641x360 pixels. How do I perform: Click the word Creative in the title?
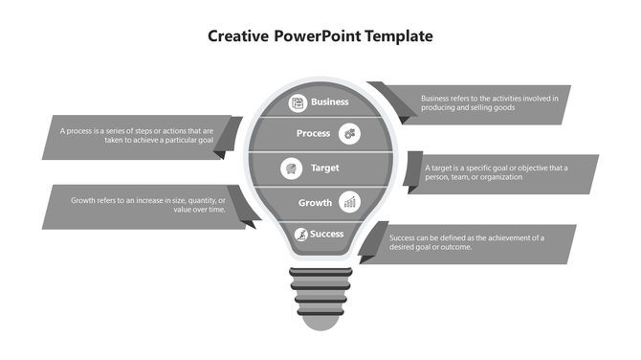(x=238, y=36)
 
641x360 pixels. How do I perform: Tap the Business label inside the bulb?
(x=330, y=101)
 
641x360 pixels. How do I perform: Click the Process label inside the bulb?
(x=313, y=134)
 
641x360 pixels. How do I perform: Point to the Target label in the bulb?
(x=325, y=169)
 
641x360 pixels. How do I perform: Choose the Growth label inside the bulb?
(x=315, y=203)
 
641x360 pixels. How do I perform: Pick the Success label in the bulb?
(x=326, y=234)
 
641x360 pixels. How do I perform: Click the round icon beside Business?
(x=298, y=101)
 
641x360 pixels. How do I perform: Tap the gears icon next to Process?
(x=351, y=134)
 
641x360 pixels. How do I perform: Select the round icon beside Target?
(x=290, y=169)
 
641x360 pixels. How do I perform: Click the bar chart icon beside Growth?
(x=351, y=202)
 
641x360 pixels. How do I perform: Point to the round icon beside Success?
(x=300, y=234)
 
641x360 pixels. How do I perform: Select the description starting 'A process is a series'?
(x=137, y=136)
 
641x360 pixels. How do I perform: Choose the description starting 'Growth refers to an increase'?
(x=148, y=205)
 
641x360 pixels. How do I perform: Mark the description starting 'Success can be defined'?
(x=466, y=242)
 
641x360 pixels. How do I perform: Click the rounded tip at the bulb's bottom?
(x=320, y=319)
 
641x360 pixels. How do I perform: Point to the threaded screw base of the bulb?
(x=320, y=286)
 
